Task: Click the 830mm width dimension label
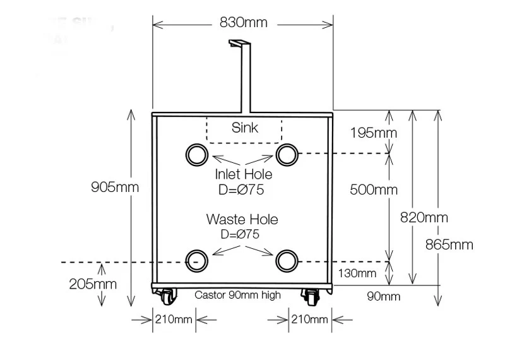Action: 243,23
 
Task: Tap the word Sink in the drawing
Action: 245,128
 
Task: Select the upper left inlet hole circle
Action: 195,154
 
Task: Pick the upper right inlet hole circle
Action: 286,154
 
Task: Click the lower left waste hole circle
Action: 196,260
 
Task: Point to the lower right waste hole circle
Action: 286,260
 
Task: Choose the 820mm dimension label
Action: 424,217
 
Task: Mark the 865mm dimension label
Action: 449,244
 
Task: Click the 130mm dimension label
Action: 357,273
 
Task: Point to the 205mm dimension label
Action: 93,284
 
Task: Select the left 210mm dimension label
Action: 173,319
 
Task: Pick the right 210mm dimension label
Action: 309,319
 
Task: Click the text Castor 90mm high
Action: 237,295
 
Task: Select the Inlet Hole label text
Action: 243,174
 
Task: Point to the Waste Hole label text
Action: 242,220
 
